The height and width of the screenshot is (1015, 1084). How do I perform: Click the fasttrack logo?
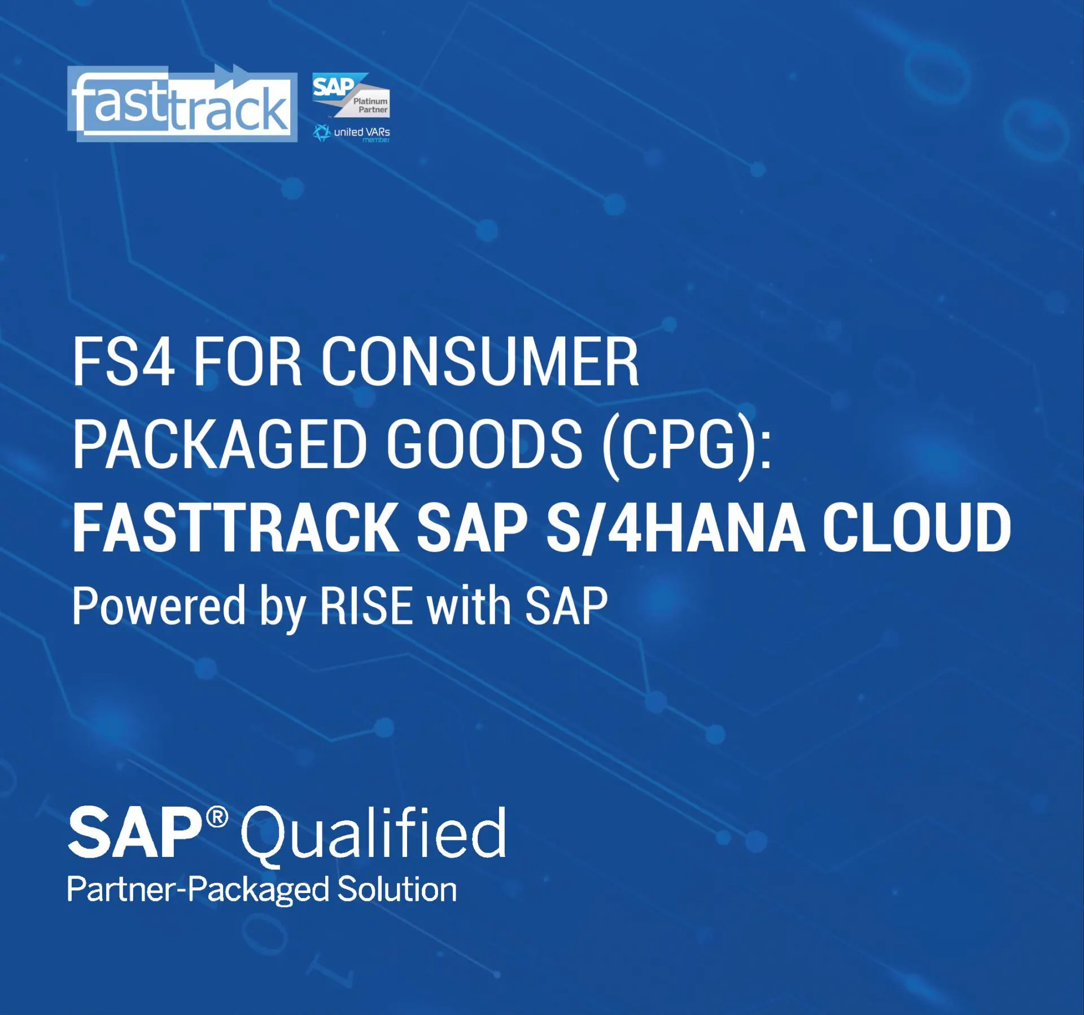click(x=182, y=103)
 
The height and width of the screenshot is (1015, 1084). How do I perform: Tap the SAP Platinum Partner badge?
click(x=351, y=95)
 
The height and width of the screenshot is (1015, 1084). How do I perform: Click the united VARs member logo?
click(x=351, y=133)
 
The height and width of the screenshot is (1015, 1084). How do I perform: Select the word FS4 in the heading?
click(x=123, y=362)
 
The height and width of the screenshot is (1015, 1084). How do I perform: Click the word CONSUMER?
click(x=480, y=362)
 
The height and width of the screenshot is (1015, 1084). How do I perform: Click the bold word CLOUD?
click(x=916, y=528)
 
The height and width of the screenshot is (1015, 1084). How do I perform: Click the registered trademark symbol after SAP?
click(x=217, y=817)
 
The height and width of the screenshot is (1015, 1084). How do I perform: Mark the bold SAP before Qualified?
click(x=135, y=832)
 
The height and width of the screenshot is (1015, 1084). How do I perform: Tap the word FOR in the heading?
click(x=248, y=362)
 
